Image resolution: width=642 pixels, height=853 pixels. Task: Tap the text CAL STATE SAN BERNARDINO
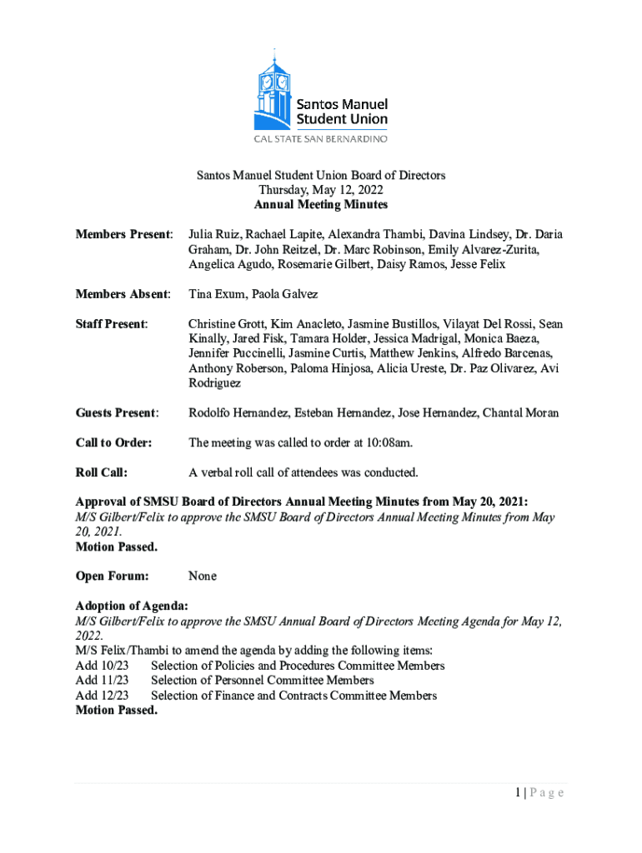(320, 139)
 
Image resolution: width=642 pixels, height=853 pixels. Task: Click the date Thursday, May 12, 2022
(321, 190)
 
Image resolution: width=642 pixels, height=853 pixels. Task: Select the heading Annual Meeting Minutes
(321, 205)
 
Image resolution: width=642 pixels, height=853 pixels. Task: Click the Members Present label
(124, 235)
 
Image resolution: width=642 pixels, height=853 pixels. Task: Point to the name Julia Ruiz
(213, 235)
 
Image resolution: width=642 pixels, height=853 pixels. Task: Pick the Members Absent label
(123, 295)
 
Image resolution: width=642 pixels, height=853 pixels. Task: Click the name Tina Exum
(216, 295)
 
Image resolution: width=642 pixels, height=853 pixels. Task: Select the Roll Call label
(101, 473)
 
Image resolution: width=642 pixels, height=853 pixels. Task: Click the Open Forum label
(112, 576)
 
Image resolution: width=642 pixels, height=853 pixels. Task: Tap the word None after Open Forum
(203, 576)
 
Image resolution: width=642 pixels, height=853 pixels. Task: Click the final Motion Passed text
(116, 711)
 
